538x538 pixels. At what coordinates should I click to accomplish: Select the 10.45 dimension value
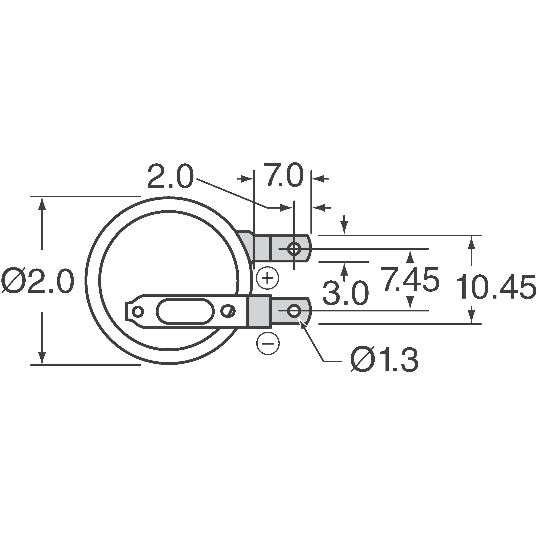pos(496,287)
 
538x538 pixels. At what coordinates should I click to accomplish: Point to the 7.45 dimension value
pos(410,279)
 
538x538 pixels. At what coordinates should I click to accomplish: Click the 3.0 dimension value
pos(345,293)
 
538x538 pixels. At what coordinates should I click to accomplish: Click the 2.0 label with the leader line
pos(170,177)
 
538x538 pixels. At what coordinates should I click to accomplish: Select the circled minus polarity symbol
pos(268,343)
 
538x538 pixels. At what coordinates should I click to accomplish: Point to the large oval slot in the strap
pos(185,311)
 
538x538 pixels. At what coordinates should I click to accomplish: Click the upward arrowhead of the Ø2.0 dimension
pos(42,203)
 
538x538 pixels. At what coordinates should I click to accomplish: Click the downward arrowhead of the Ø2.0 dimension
pos(42,357)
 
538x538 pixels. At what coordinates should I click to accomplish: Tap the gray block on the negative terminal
pos(259,311)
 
